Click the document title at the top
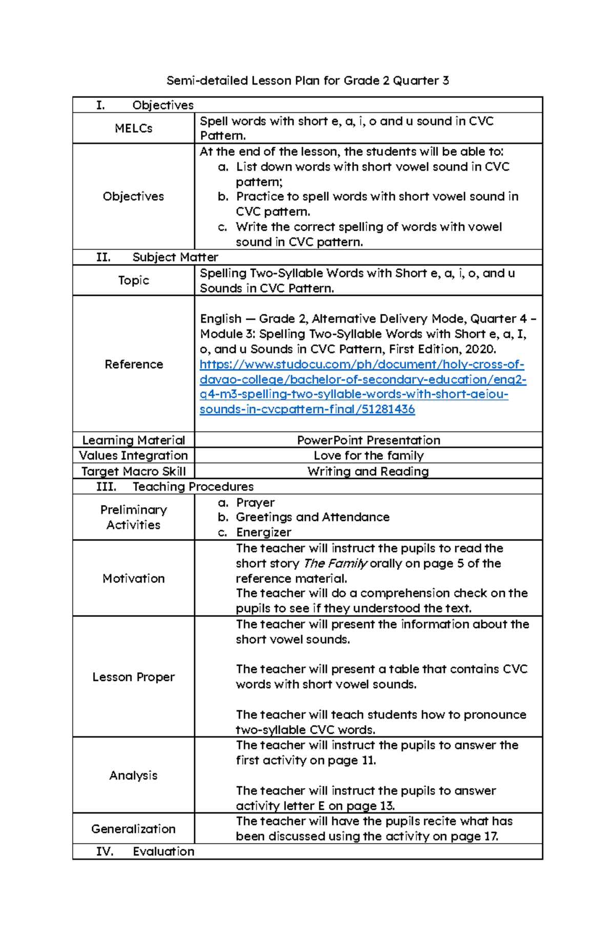pos(307,81)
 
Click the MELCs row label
pos(133,128)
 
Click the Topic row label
pos(133,280)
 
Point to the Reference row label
pos(133,364)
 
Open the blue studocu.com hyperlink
pos(362,379)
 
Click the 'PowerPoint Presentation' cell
pos(368,440)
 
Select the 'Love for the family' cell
pos(368,455)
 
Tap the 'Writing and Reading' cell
pos(368,471)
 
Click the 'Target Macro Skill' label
pos(133,471)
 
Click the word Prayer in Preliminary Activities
pos(255,503)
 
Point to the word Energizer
pos(263,532)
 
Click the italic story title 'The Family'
pos(335,563)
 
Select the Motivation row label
pos(133,578)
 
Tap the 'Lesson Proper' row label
pos(133,677)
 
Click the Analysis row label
pos(133,775)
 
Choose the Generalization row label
pos(133,829)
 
